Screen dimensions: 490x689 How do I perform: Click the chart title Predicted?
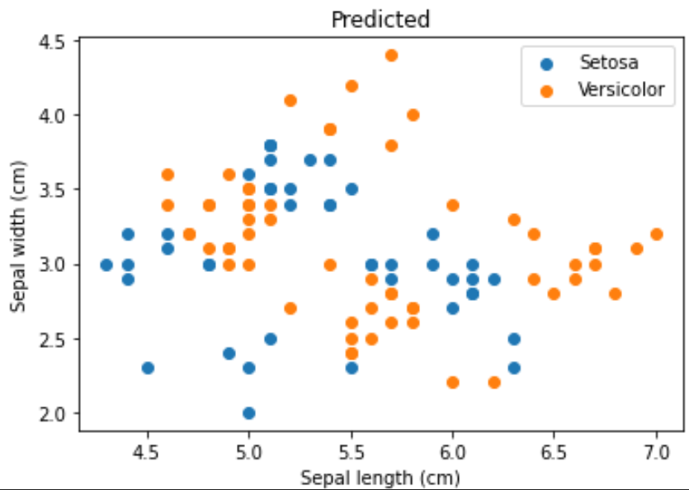coord(380,19)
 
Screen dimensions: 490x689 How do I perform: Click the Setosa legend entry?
coord(609,62)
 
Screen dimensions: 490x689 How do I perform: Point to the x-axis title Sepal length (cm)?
coord(380,478)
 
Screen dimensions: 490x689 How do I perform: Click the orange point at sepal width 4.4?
coord(391,55)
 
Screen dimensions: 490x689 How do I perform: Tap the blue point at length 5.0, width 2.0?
coord(249,413)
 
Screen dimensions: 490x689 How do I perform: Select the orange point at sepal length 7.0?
coord(657,234)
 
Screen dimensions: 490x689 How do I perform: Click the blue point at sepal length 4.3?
coord(106,264)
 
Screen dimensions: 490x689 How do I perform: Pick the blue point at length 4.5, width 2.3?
coord(148,368)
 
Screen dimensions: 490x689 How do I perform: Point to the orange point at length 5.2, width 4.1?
coord(290,100)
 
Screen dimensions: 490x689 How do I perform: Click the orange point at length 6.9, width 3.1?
coord(636,249)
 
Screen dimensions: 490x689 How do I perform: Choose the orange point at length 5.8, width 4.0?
coord(413,115)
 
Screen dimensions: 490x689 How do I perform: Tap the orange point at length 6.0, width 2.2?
coord(453,383)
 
